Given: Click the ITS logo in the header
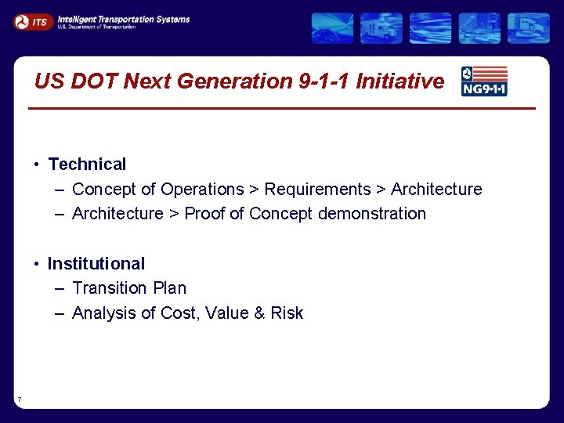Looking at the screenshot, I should coord(33,22).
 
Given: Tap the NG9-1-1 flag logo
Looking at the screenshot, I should coord(484,81).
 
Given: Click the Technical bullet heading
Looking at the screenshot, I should coord(87,164).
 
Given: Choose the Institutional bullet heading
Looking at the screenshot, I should coord(96,264).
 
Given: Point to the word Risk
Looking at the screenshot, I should coord(287,313).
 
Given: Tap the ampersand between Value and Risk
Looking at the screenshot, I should coord(260,313).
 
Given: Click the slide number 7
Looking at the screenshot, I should coord(19,400).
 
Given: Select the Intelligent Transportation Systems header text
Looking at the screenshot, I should coord(123,20).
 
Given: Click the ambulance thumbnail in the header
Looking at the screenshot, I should coord(381,28).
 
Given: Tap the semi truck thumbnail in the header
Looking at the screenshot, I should coord(528,28).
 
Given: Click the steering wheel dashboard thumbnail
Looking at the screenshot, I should coord(332,28).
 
